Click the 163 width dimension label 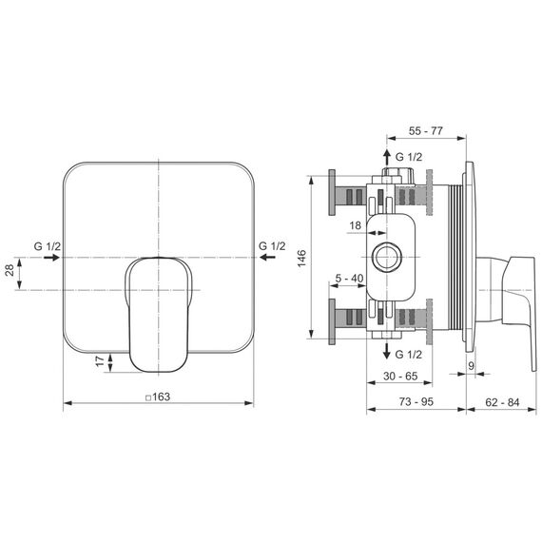click(x=158, y=397)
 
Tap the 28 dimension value click(x=10, y=270)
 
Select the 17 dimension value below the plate click(x=100, y=361)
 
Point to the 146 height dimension click(x=301, y=258)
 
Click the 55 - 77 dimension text click(x=425, y=131)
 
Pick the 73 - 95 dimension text click(x=416, y=401)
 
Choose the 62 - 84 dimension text click(x=502, y=402)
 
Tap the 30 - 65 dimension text click(x=400, y=376)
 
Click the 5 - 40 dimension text click(x=349, y=278)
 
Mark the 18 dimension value click(x=355, y=225)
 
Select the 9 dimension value click(x=471, y=366)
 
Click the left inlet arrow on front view click(x=51, y=258)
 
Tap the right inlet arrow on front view click(x=267, y=257)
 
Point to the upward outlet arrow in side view click(x=387, y=158)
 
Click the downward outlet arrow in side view click(x=387, y=351)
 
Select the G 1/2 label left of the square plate click(x=48, y=246)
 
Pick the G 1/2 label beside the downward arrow click(x=409, y=355)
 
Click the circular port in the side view click(x=387, y=257)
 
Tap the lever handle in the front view click(x=158, y=315)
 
